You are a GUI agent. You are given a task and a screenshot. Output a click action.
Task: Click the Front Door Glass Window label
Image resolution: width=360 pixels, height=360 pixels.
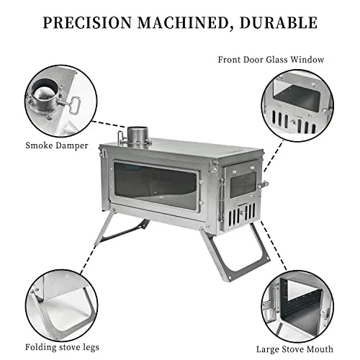pyautogui.click(x=270, y=60)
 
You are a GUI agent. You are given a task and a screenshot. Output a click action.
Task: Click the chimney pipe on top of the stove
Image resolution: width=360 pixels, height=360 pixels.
pyautogui.click(x=138, y=135)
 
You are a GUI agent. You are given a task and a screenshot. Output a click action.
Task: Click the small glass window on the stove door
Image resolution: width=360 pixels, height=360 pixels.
pyautogui.click(x=243, y=183)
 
